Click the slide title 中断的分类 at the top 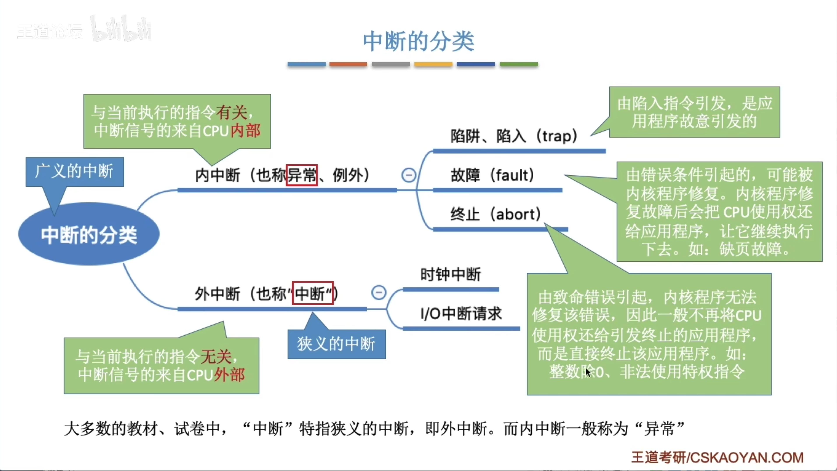pos(418,41)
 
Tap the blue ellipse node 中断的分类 pos(89,234)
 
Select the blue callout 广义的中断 pos(74,172)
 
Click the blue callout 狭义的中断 pos(337,344)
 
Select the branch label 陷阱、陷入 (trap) pos(513,136)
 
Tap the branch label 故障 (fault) pos(492,175)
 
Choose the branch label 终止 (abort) pos(496,214)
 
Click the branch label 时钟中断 pos(450,274)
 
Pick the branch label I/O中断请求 pos(461,314)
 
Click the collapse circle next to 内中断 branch pos(408,175)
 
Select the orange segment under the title pos(348,64)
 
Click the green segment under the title pos(518,64)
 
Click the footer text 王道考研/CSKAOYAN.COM pos(717,457)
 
